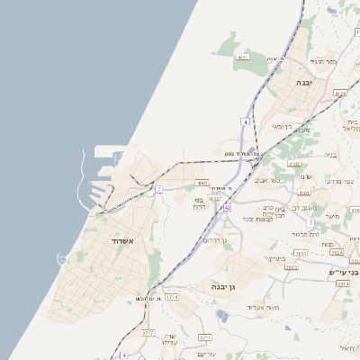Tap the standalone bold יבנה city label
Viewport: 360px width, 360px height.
[315, 81]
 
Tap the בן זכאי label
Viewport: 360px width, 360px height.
[282, 126]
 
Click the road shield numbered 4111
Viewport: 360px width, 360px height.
[241, 58]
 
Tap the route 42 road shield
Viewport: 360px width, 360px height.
[227, 208]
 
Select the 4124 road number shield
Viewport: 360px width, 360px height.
[339, 93]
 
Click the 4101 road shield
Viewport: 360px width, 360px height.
[304, 192]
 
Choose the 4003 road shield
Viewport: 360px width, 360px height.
[202, 183]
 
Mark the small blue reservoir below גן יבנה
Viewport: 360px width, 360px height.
[221, 315]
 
